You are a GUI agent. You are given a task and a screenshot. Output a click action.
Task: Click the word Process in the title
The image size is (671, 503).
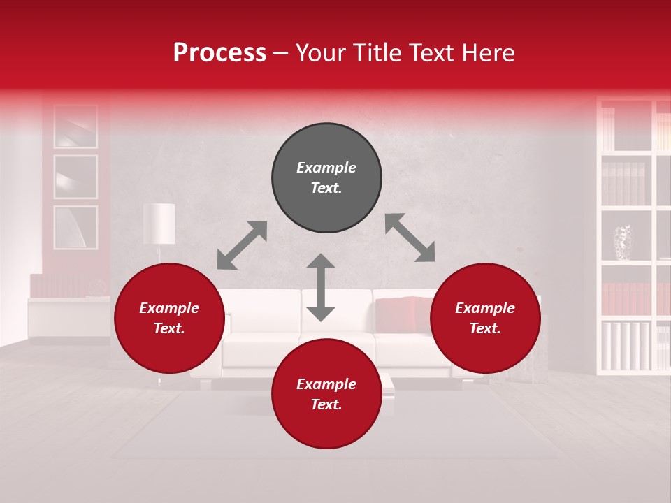click(219, 53)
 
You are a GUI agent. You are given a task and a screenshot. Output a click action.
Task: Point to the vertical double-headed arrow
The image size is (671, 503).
click(321, 287)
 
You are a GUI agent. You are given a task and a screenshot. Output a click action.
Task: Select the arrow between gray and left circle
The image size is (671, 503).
click(242, 245)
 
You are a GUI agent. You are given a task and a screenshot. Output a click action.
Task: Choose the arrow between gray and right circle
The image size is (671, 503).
click(410, 238)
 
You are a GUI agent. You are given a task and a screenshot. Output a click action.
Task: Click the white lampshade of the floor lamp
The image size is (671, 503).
click(159, 223)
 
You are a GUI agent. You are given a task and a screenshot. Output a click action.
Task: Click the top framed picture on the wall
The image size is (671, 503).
click(75, 126)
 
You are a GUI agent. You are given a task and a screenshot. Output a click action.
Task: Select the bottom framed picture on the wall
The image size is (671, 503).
click(75, 227)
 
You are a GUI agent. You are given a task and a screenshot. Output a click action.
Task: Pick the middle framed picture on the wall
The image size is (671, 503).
click(75, 177)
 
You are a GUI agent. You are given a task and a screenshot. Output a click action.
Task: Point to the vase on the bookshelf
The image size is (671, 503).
click(622, 242)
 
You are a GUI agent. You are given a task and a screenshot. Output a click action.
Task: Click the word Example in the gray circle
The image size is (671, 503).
click(326, 168)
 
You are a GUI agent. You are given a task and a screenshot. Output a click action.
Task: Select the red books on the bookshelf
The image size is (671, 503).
click(626, 298)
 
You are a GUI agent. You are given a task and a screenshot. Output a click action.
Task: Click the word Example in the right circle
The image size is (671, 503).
click(485, 308)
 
